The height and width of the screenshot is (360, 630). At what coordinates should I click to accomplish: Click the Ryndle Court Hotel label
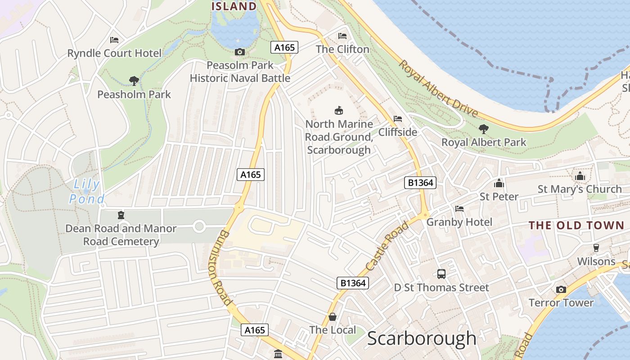pos(114,53)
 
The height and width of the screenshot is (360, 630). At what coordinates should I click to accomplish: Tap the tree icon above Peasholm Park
pos(134,81)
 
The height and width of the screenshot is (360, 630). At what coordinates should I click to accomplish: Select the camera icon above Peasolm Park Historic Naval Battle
pos(240,52)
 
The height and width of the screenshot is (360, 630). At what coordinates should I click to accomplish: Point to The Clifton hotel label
pos(342,49)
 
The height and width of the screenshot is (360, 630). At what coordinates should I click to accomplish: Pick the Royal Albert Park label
pos(484,142)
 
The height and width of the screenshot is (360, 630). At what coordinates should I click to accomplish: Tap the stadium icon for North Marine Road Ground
pos(339,110)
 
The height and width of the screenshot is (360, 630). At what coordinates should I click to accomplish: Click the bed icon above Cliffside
pos(398,119)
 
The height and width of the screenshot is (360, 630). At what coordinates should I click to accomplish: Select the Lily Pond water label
pos(87,191)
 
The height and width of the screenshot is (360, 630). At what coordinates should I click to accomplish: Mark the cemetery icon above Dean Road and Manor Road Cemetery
pos(121,215)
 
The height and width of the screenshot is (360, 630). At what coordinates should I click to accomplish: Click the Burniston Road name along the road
pos(220,268)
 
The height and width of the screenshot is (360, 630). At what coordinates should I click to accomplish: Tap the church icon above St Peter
pos(499,183)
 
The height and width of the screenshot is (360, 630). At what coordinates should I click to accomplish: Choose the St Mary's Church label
pos(580,189)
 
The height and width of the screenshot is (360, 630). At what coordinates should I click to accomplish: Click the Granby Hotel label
pos(459,222)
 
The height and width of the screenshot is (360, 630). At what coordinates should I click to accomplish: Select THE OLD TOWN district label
pos(576,225)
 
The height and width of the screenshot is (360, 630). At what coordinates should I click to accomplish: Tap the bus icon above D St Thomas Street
pos(441,274)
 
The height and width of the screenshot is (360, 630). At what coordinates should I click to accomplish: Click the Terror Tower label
pos(561,302)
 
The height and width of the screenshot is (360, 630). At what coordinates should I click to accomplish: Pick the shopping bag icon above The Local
pos(333,317)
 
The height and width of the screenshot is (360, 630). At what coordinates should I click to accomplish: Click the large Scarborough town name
pos(422,338)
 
